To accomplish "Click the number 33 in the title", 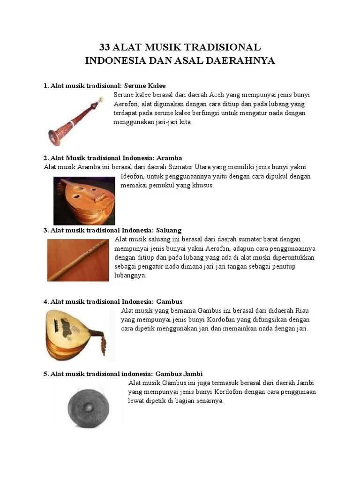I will (105, 47).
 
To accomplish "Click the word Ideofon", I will (133, 176).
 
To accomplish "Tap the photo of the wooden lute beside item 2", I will (84, 200).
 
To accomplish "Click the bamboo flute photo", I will (78, 260).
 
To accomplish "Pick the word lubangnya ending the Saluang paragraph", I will (130, 276).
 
